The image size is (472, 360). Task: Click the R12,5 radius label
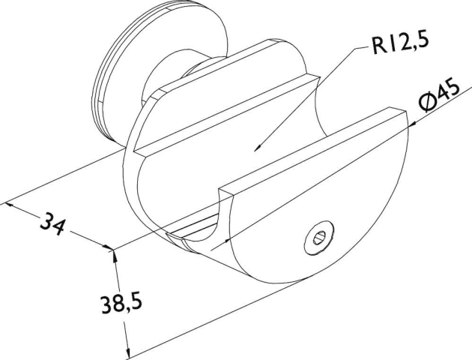[x=400, y=43]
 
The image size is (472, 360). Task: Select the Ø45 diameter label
[x=440, y=94]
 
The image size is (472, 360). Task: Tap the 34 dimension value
[x=53, y=223]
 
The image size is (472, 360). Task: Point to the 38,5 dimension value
[x=121, y=304]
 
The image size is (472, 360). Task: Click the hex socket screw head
[x=319, y=238]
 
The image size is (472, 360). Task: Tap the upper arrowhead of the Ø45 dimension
[x=411, y=125]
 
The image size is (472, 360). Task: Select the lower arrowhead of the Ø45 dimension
[x=226, y=241]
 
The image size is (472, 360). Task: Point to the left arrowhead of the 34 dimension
[x=10, y=205]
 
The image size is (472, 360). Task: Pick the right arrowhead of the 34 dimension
[x=108, y=247]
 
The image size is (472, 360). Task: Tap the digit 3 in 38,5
[x=106, y=304]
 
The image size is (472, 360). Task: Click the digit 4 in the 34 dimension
[x=59, y=226]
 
